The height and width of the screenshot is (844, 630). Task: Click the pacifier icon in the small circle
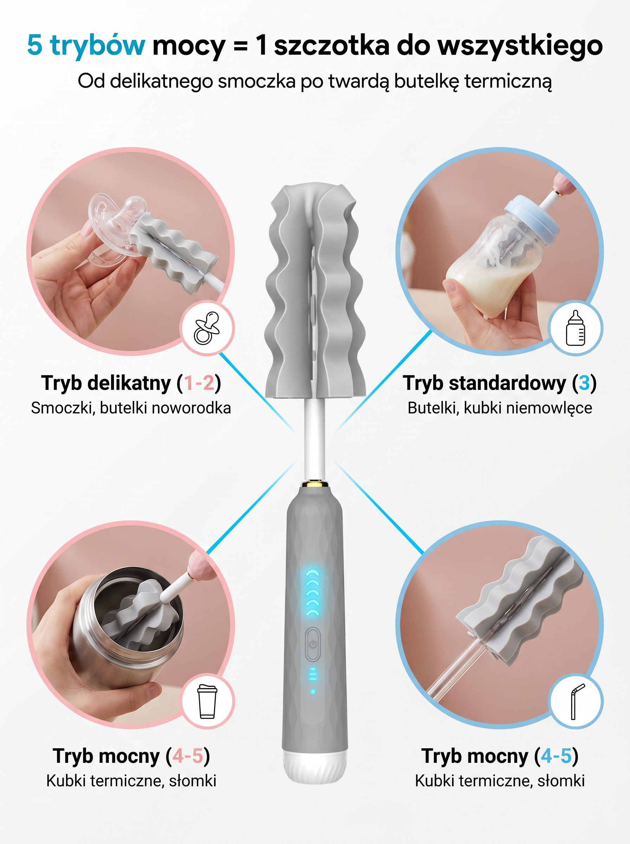(207, 328)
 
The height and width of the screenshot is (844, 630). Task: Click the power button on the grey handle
(312, 644)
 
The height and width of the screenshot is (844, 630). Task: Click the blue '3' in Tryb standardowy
(584, 383)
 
